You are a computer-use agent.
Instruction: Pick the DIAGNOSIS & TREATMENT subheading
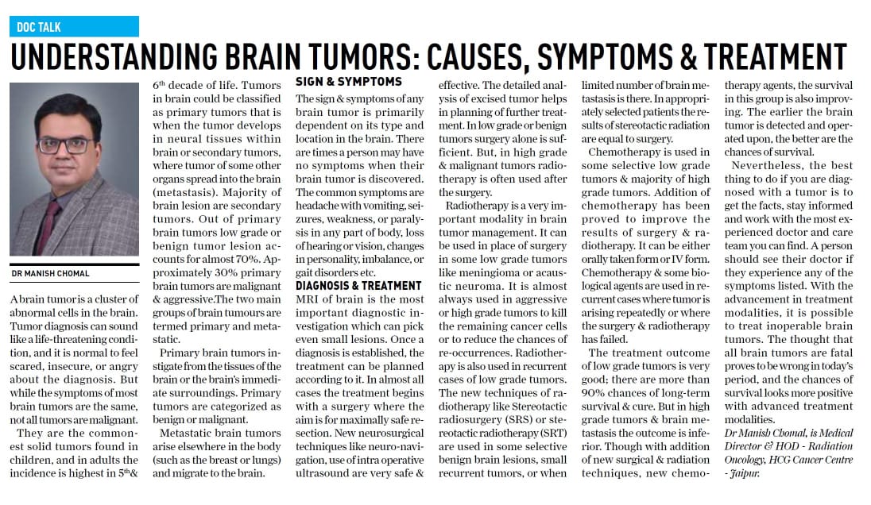[x=358, y=286]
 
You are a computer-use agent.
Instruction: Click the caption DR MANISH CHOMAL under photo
[x=51, y=274]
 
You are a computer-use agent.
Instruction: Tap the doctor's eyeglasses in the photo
[x=66, y=145]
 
